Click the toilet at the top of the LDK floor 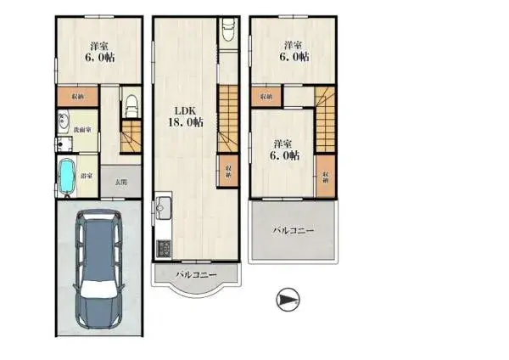[227, 31]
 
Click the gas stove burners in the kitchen [164, 249]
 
